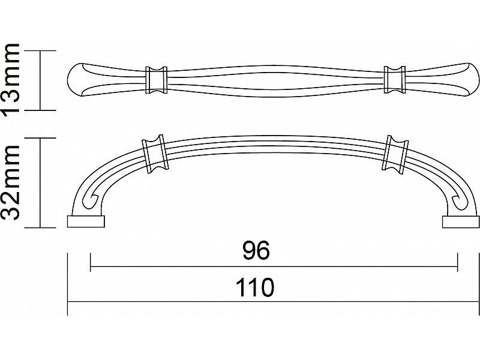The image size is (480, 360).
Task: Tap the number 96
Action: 256,250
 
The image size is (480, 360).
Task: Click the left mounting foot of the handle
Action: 86,221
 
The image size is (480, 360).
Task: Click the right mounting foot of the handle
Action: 461,221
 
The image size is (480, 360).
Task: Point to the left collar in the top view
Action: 156,80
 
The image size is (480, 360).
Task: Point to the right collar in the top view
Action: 395,79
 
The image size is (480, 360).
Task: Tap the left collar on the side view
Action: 154,154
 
